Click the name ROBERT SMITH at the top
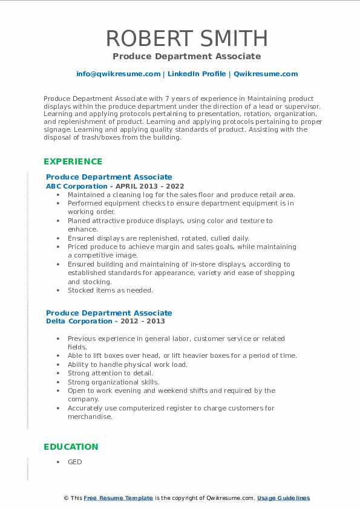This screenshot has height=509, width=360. (186, 38)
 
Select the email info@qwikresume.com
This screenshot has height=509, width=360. (118, 74)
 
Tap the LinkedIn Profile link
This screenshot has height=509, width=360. (196, 74)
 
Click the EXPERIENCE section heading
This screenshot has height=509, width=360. (73, 161)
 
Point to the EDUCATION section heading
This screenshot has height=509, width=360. (70, 447)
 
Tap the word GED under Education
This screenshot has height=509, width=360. (75, 462)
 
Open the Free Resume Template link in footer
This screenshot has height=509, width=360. (118, 498)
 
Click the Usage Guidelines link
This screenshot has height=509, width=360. (283, 498)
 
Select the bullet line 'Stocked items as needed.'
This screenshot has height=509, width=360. (110, 290)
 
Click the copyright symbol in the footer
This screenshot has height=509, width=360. (67, 498)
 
